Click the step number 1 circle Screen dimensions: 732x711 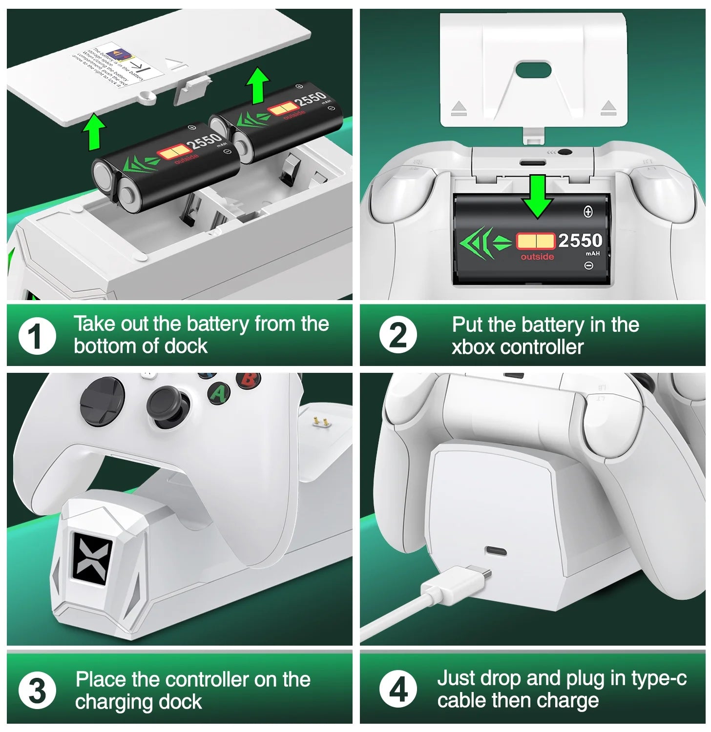tap(37, 336)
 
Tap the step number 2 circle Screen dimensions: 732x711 tap(398, 336)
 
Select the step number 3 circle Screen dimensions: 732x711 tap(37, 691)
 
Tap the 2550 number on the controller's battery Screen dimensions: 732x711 tap(580, 241)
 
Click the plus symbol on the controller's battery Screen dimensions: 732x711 tap(588, 212)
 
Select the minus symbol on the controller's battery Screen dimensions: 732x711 tap(588, 265)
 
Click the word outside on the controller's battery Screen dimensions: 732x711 tap(537, 257)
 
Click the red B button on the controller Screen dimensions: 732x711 tap(248, 380)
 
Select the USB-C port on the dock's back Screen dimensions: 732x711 tap(496, 552)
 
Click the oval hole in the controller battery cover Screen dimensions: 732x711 tap(533, 70)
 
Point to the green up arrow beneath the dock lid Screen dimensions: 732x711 tap(94, 132)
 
